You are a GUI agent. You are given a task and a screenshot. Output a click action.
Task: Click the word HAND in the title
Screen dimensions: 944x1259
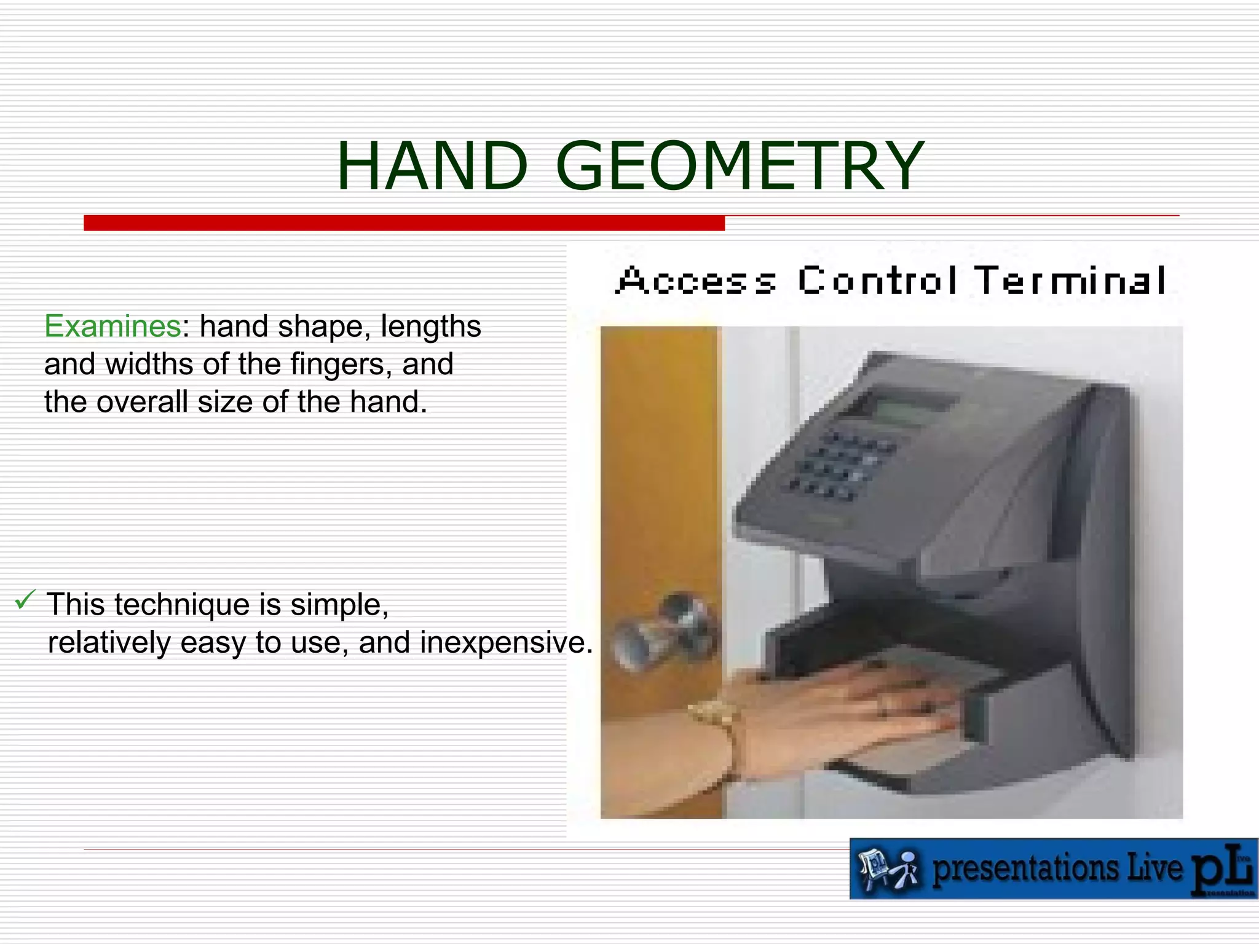[x=432, y=167]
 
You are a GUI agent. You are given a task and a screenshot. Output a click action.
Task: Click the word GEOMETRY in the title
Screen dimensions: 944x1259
[x=740, y=167]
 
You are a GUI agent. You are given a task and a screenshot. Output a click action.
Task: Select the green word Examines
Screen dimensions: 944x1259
[x=112, y=326]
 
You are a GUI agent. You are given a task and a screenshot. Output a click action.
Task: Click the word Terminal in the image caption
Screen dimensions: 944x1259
[x=1070, y=281]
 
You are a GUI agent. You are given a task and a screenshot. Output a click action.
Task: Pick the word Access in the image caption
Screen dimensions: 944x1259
[x=697, y=281]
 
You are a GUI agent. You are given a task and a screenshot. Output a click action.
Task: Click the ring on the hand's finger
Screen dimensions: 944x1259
[x=882, y=707]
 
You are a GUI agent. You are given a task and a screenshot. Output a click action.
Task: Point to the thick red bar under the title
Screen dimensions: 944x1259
[x=404, y=222]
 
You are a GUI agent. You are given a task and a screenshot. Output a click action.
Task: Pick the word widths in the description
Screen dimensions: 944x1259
[x=149, y=364]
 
